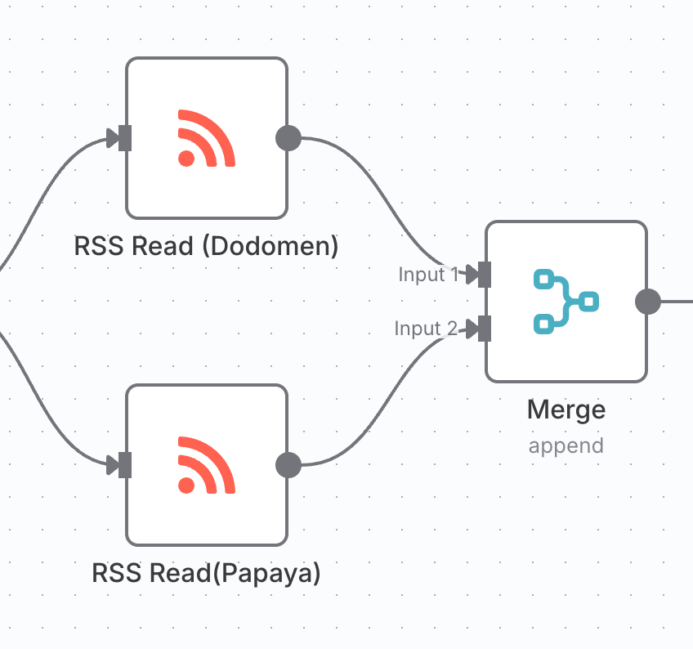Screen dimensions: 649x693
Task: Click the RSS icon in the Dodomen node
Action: pos(206,138)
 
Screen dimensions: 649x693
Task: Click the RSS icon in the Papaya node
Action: pos(206,465)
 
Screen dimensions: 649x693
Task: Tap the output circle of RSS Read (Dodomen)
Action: pos(288,138)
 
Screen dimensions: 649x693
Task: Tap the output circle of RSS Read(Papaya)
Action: pos(288,465)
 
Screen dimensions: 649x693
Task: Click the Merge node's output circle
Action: pos(647,302)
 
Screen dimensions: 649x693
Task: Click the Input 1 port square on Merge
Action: pos(485,275)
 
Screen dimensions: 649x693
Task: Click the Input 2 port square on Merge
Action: pos(485,329)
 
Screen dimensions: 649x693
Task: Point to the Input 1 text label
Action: pos(428,275)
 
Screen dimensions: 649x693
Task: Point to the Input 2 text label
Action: pos(426,329)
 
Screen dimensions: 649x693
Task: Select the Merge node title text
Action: pos(566,409)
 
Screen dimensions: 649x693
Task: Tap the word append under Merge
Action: pos(566,446)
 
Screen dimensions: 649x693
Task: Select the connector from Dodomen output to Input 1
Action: pos(384,204)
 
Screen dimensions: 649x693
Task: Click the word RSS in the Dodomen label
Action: pos(95,246)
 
